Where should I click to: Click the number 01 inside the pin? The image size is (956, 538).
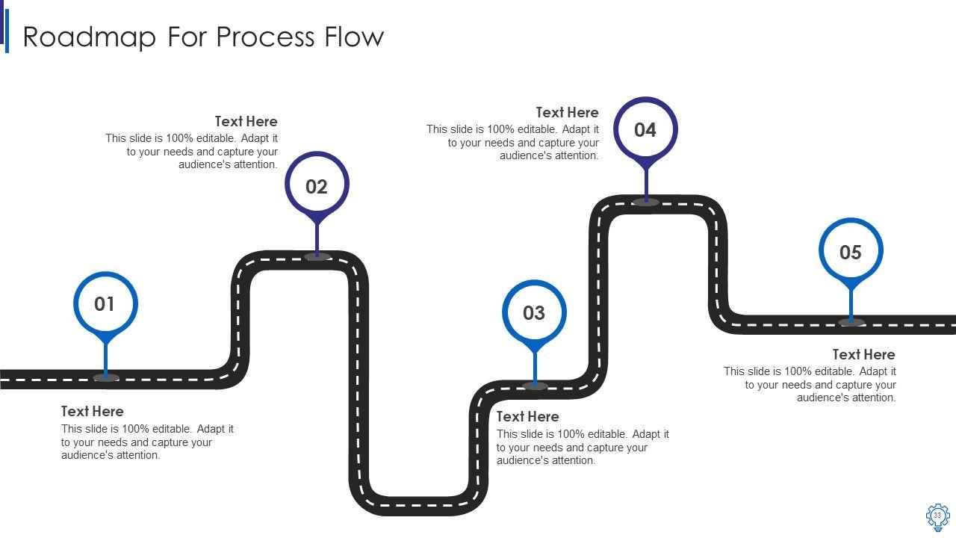[x=105, y=304]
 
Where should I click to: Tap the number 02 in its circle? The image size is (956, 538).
[x=317, y=187]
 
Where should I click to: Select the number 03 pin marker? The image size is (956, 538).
[x=534, y=313]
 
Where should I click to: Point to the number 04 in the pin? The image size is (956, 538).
[x=645, y=130]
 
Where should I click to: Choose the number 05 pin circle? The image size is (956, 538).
[x=851, y=253]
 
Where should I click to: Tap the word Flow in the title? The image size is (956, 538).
[x=354, y=37]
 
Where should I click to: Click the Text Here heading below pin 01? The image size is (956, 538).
[x=93, y=411]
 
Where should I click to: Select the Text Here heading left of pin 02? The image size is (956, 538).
[x=246, y=121]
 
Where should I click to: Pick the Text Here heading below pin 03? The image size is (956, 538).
[x=527, y=416]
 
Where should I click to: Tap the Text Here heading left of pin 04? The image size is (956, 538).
[x=567, y=112]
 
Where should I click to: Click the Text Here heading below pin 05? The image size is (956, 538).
[x=863, y=354]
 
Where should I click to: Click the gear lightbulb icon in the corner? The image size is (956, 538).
[x=937, y=516]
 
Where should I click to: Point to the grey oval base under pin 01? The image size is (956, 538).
[x=106, y=378]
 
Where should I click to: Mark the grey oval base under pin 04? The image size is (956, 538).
[x=645, y=202]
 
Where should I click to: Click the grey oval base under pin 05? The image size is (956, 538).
[x=851, y=323]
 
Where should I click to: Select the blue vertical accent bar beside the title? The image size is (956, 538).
[x=7, y=31]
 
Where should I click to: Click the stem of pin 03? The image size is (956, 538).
[x=535, y=368]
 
